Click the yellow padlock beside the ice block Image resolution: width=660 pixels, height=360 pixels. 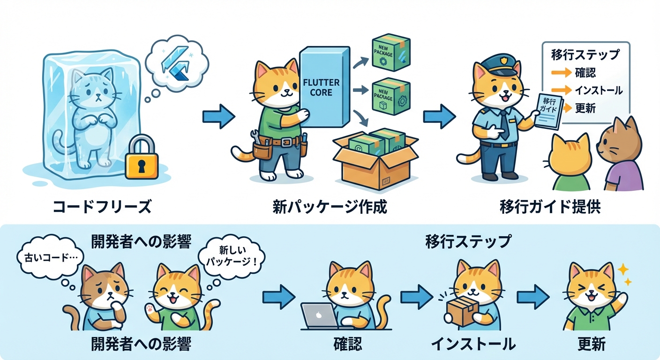tap(142, 157)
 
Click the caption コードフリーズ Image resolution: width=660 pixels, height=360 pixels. tap(102, 207)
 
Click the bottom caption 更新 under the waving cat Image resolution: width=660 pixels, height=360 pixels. tap(591, 345)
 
